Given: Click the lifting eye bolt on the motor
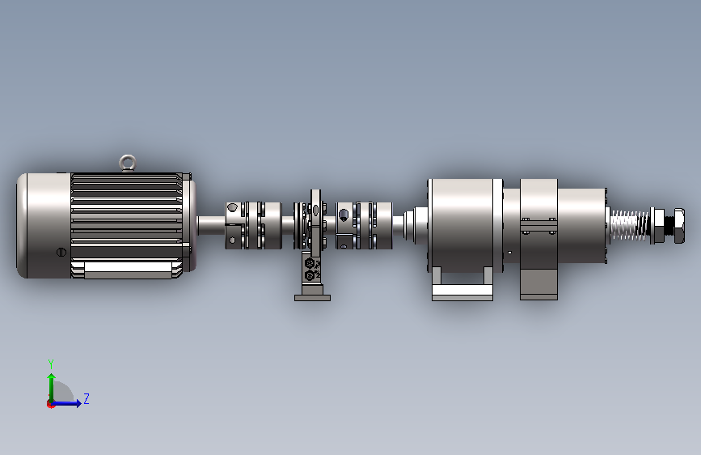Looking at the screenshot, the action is [x=128, y=162].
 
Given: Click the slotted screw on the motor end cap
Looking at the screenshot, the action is [x=61, y=252].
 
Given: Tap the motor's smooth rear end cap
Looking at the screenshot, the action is [x=44, y=225].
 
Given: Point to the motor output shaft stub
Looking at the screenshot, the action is [x=211, y=225].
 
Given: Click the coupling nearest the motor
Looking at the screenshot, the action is [x=254, y=225].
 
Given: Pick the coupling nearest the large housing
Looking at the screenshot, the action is [x=364, y=225].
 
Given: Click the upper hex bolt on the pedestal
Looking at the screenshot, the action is [x=310, y=263].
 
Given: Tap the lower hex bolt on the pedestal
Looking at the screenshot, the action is [x=310, y=275].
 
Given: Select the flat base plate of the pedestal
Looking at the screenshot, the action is [x=313, y=298].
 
